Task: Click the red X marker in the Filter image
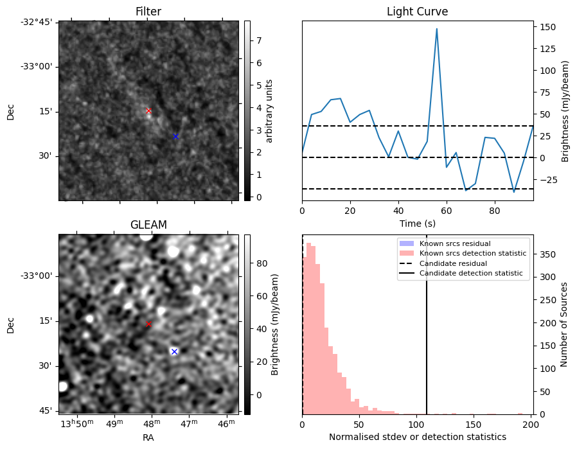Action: [x=148, y=111]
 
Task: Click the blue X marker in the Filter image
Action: [x=175, y=136]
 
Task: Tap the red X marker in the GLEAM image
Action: [x=148, y=324]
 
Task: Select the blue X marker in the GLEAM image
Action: [x=174, y=351]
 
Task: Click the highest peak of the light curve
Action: [x=437, y=29]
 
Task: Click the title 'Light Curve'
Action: [x=417, y=12]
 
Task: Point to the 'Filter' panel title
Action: [x=148, y=12]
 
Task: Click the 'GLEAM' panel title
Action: [x=148, y=225]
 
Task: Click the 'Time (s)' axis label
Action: [x=417, y=224]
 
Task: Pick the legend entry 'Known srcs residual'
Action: [x=454, y=244]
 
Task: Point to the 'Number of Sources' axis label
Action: [x=564, y=324]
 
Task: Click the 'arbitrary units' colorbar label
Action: [x=270, y=110]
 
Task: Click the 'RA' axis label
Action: [x=148, y=437]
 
